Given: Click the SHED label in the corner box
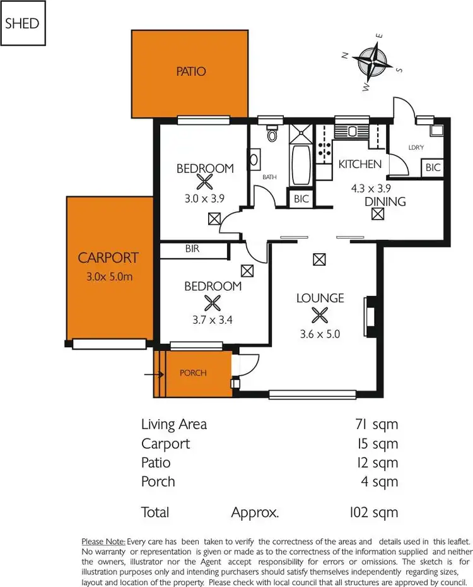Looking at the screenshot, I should click(22, 24).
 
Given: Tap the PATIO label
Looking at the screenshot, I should click(191, 71).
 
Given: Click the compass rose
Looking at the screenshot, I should click(373, 62).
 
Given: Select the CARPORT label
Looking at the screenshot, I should click(108, 258).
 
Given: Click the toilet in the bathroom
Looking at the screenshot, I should click(272, 134).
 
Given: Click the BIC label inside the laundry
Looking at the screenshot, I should click(433, 168).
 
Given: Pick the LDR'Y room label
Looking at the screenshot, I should click(416, 147).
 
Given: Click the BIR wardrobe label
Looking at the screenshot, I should click(192, 249).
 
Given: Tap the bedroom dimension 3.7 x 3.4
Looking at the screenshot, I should click(213, 320).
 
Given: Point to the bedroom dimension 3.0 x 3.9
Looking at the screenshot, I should click(204, 198).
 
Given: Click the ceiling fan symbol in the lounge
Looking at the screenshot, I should click(320, 314).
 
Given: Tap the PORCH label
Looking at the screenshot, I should click(193, 372).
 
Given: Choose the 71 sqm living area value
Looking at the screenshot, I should click(377, 424).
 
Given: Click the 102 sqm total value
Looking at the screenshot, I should click(373, 512).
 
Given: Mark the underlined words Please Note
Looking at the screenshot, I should click(103, 542).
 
